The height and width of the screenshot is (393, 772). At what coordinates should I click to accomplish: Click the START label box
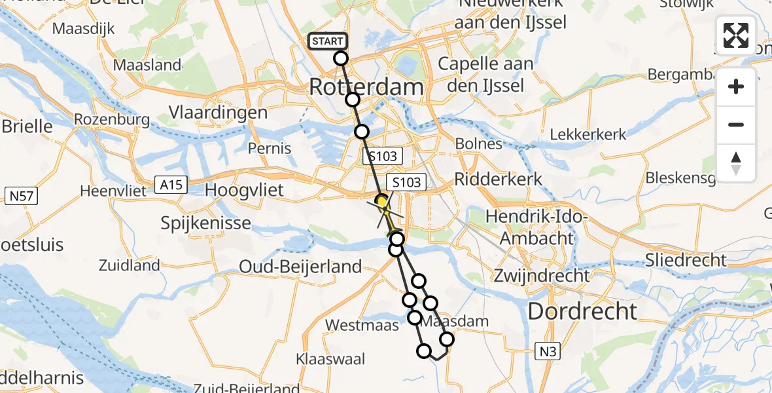pyautogui.click(x=327, y=41)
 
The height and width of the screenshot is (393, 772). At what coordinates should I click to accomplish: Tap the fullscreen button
pyautogui.click(x=736, y=35)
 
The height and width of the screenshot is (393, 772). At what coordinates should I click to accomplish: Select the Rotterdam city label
pyautogui.click(x=366, y=87)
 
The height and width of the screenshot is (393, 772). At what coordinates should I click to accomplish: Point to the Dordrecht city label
pyautogui.click(x=582, y=311)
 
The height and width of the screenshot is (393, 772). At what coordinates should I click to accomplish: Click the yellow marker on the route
pyautogui.click(x=381, y=201)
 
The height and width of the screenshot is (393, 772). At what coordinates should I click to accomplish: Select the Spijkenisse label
pyautogui.click(x=206, y=223)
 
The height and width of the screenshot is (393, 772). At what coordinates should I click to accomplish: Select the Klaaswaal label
pyautogui.click(x=330, y=358)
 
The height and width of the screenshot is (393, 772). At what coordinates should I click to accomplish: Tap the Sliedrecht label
pyautogui.click(x=686, y=260)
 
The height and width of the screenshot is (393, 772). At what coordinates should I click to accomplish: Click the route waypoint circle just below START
pyautogui.click(x=340, y=58)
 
